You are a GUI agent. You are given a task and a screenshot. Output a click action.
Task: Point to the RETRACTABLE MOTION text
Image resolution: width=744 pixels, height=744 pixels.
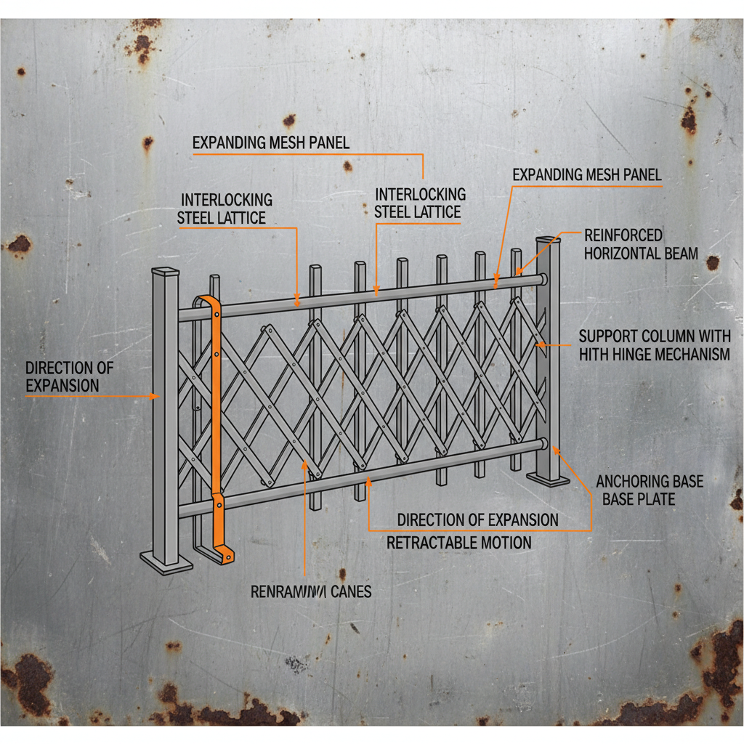click(x=458, y=543)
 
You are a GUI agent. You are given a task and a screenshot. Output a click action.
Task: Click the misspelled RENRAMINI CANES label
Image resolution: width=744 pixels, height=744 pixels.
click(x=311, y=591)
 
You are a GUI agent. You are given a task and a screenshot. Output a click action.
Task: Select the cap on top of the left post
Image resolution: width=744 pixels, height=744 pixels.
click(x=165, y=273)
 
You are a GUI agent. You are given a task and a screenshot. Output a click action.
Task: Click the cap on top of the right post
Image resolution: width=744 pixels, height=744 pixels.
click(x=549, y=240)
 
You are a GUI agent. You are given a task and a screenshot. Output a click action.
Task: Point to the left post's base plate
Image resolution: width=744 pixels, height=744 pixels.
click(x=166, y=561)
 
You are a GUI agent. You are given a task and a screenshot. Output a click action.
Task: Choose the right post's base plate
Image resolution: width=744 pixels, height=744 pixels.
click(x=548, y=479)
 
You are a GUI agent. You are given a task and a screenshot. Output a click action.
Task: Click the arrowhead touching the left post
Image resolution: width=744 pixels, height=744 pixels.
click(x=155, y=396)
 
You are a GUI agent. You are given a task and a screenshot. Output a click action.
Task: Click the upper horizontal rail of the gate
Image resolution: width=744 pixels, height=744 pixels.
click(x=363, y=296)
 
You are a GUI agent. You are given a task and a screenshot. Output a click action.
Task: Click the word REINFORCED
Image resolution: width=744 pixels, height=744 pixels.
click(x=623, y=235)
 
